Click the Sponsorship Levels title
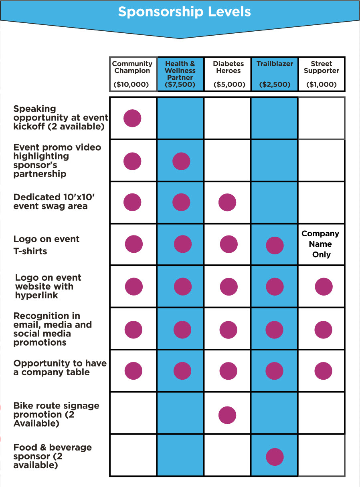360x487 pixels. point(184,12)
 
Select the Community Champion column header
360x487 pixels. point(132,67)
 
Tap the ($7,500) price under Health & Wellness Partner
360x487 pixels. point(180,85)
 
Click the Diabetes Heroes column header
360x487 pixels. point(228,67)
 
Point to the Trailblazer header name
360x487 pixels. point(275,64)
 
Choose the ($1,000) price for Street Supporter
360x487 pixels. point(321,85)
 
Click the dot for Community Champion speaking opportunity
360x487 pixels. point(132,118)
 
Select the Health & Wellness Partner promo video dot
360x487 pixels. point(181,161)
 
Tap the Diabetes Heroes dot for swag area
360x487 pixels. point(227,203)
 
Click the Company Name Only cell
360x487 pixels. point(320,244)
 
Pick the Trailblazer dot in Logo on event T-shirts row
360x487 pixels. point(275,245)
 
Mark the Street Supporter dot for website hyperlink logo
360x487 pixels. point(324,287)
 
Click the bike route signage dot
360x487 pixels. point(227,415)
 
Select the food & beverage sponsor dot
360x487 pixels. point(275,457)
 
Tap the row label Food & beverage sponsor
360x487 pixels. point(52,456)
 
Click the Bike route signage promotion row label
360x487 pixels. point(56,415)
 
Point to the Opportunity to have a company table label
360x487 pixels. point(60,368)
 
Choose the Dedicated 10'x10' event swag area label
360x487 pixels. point(51,201)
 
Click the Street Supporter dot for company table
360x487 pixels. point(324,371)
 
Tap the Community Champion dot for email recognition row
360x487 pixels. point(133,329)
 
